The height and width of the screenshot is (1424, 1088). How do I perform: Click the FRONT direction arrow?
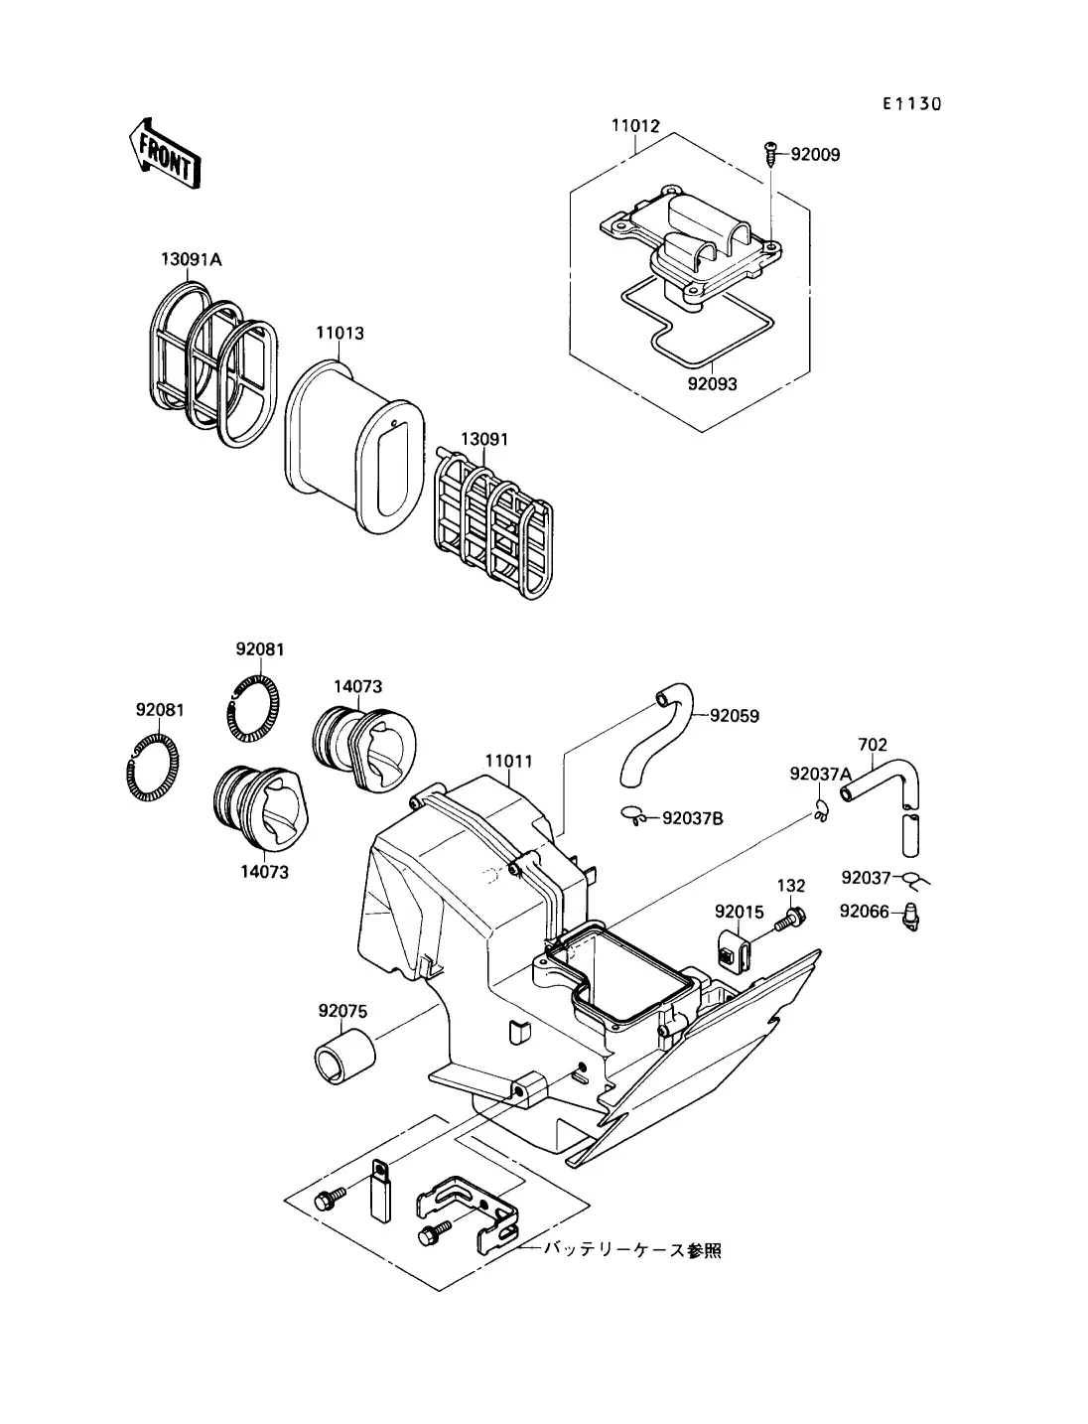pyautogui.click(x=165, y=154)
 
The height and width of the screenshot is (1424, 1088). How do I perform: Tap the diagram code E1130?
pyautogui.click(x=911, y=104)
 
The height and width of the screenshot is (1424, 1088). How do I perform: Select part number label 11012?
pyautogui.click(x=635, y=126)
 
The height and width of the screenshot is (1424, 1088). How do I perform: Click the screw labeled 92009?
pyautogui.click(x=771, y=153)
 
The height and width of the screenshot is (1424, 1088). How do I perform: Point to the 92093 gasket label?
pyautogui.click(x=712, y=384)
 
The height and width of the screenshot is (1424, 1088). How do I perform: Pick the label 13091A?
pyautogui.click(x=192, y=259)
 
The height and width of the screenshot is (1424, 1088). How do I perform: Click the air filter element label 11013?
pyautogui.click(x=340, y=333)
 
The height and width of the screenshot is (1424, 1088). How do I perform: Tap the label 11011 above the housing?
pyautogui.click(x=509, y=761)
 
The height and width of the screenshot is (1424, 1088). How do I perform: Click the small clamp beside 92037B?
pyautogui.click(x=634, y=815)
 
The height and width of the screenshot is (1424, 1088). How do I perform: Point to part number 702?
pyautogui.click(x=872, y=745)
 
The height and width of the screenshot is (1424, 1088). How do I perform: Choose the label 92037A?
pyautogui.click(x=820, y=774)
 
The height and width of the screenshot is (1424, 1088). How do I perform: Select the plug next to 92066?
pyautogui.click(x=911, y=917)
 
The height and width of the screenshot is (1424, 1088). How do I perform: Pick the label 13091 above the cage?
pyautogui.click(x=484, y=439)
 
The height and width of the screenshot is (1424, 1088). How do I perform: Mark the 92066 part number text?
pyautogui.click(x=865, y=912)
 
